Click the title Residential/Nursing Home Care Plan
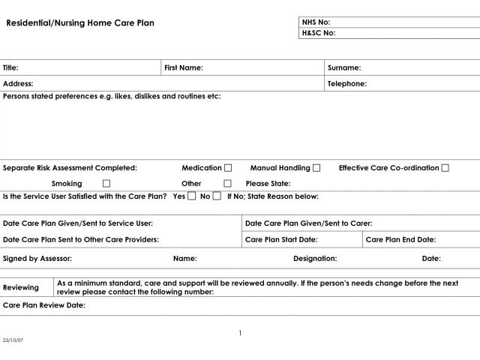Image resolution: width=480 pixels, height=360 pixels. (x=80, y=23)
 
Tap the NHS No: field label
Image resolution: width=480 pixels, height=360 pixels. (x=315, y=22)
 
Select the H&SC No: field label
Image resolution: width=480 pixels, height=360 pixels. (x=318, y=33)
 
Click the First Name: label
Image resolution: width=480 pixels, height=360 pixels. (x=184, y=67)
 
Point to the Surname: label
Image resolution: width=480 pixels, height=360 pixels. (x=344, y=67)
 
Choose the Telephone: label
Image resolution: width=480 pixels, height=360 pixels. (x=347, y=84)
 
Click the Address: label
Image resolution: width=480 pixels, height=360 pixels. (x=18, y=84)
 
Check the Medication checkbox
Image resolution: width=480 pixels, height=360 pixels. (x=228, y=168)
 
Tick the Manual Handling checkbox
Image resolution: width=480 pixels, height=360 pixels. (x=316, y=168)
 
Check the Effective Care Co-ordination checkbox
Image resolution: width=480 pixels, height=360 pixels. (x=445, y=168)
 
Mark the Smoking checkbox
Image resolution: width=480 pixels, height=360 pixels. (x=106, y=184)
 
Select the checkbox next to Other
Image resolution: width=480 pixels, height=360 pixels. (x=228, y=184)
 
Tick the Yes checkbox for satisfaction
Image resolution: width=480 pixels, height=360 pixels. (x=192, y=196)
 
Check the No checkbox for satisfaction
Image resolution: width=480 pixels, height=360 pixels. (x=217, y=196)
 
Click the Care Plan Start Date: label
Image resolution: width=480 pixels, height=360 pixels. (x=281, y=240)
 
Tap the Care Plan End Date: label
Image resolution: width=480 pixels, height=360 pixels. (x=400, y=240)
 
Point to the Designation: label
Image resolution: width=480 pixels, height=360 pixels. (x=315, y=258)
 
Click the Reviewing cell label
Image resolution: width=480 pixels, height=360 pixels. (x=21, y=288)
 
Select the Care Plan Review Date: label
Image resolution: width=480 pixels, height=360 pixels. (x=44, y=306)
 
